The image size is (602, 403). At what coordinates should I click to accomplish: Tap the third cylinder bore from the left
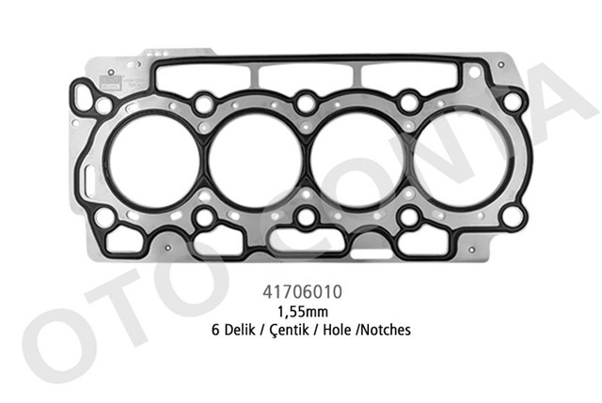pyautogui.click(x=357, y=162)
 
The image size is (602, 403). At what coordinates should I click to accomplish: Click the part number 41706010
pyautogui.click(x=305, y=293)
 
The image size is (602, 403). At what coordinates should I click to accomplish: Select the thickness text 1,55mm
pyautogui.click(x=305, y=311)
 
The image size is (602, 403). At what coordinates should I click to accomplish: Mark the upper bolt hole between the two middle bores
pyautogui.click(x=305, y=101)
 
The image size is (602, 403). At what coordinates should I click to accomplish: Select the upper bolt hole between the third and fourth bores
pyautogui.click(x=408, y=101)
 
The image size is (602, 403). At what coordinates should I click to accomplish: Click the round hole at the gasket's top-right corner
pyautogui.click(x=513, y=101)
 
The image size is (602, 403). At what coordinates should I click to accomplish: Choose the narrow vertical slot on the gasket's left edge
pyautogui.click(x=87, y=177)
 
